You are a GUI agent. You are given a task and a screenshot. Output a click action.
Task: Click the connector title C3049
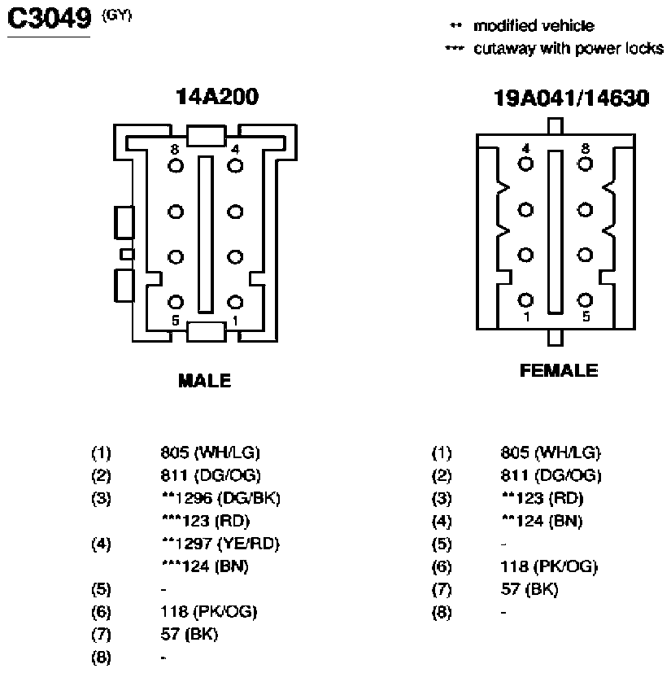[50, 19]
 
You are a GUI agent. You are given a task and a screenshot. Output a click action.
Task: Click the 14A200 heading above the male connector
[217, 97]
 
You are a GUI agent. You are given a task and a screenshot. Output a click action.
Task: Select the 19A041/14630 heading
[571, 98]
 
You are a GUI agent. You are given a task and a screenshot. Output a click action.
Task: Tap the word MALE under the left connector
[205, 381]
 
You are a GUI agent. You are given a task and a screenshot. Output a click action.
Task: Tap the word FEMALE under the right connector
[559, 370]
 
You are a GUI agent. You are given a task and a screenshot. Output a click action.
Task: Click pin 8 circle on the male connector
[176, 166]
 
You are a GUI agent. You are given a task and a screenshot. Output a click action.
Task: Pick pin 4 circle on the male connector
[235, 166]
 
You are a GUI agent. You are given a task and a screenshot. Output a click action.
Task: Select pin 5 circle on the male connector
[176, 302]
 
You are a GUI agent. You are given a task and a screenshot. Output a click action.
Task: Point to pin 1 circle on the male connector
[235, 302]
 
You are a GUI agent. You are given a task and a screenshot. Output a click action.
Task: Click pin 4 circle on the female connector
[525, 164]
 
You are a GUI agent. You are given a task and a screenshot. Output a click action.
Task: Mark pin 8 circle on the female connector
[585, 164]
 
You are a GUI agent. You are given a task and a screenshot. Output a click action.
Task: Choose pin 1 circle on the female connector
[525, 300]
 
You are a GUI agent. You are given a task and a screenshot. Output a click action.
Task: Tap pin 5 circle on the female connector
[585, 300]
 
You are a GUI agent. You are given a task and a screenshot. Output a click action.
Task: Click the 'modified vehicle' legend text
[534, 26]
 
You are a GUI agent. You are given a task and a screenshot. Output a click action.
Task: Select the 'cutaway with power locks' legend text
[569, 49]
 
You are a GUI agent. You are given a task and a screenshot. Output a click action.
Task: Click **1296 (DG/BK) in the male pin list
[221, 498]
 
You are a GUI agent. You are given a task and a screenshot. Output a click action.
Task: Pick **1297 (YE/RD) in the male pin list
[220, 544]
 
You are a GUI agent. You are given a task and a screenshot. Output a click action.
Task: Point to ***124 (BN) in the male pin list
[205, 566]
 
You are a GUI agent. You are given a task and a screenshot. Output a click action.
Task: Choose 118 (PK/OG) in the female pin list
[549, 567]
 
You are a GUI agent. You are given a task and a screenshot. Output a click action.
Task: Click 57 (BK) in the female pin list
[529, 589]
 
